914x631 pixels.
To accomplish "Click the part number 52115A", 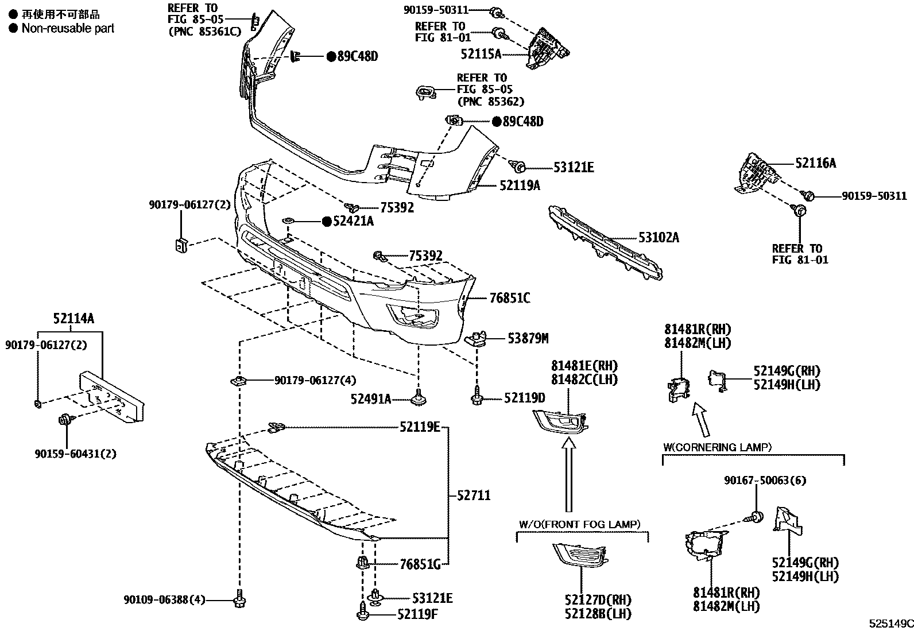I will coord(481,54).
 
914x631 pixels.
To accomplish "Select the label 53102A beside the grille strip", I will coord(659,237).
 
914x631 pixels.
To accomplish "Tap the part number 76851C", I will coord(510,298).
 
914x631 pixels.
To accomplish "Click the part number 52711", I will coord(474,495).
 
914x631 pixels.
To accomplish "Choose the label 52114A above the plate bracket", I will coord(73,319).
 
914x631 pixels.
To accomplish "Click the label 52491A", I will coord(371,398).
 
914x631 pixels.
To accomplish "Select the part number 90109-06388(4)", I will coord(164,600).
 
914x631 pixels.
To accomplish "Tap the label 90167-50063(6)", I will coord(765,480).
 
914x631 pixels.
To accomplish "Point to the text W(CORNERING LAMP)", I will coord(717,447).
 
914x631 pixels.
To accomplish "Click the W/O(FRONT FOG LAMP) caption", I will coord(579,524).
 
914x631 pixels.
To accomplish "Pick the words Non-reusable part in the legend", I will coord(68,28).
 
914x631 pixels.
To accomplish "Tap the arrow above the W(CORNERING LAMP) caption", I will coord(701,420).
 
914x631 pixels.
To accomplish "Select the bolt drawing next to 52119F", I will coord(363,612).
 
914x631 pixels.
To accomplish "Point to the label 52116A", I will coord(815,164).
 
